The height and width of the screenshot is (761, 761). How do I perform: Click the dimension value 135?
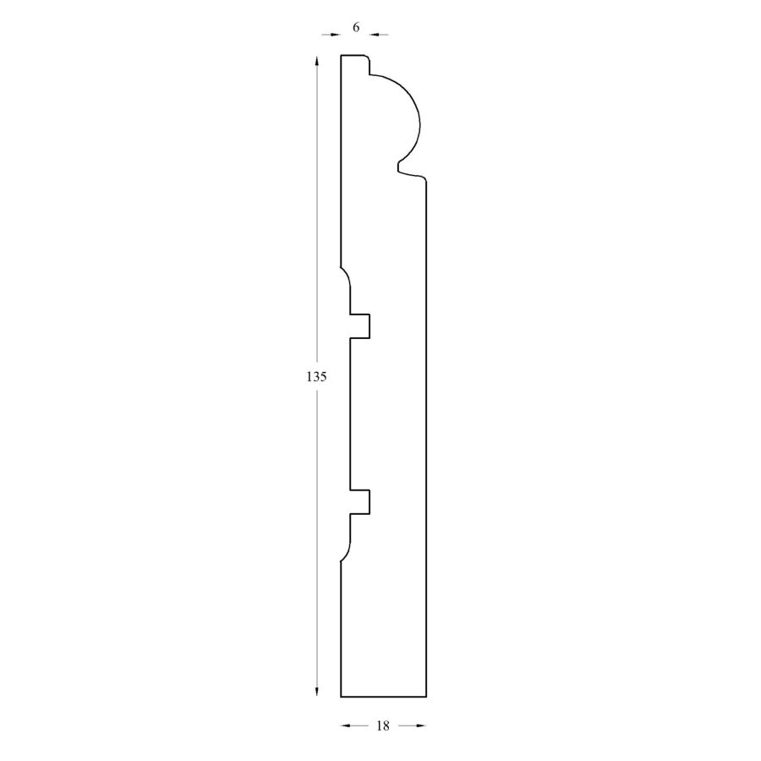coord(316,376)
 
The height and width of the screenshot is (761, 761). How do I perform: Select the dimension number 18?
coord(383,725)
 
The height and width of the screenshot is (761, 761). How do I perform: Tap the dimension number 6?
coord(356,28)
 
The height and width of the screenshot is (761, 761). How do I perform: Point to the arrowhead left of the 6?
coord(336,35)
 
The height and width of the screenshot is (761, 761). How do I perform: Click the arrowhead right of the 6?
coord(375,35)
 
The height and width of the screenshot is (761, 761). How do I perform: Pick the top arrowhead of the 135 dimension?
coord(317,61)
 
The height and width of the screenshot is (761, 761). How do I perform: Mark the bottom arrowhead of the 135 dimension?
coord(317,691)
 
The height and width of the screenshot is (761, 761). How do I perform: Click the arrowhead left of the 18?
coord(346,725)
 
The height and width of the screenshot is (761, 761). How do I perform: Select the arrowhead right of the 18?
coord(421,725)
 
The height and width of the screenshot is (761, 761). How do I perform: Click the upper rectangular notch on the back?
coord(360,326)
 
